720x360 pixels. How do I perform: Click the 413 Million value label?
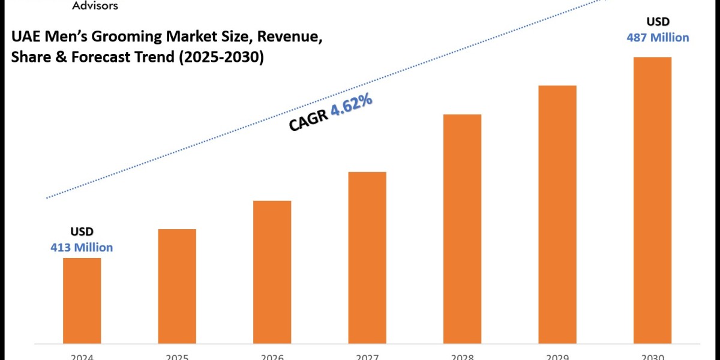(x=82, y=247)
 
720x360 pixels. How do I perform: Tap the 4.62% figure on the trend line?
(x=352, y=106)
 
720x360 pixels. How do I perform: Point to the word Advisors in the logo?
(x=95, y=6)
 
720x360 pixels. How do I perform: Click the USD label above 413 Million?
(x=82, y=232)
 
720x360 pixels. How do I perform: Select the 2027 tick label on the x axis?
(x=367, y=356)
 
